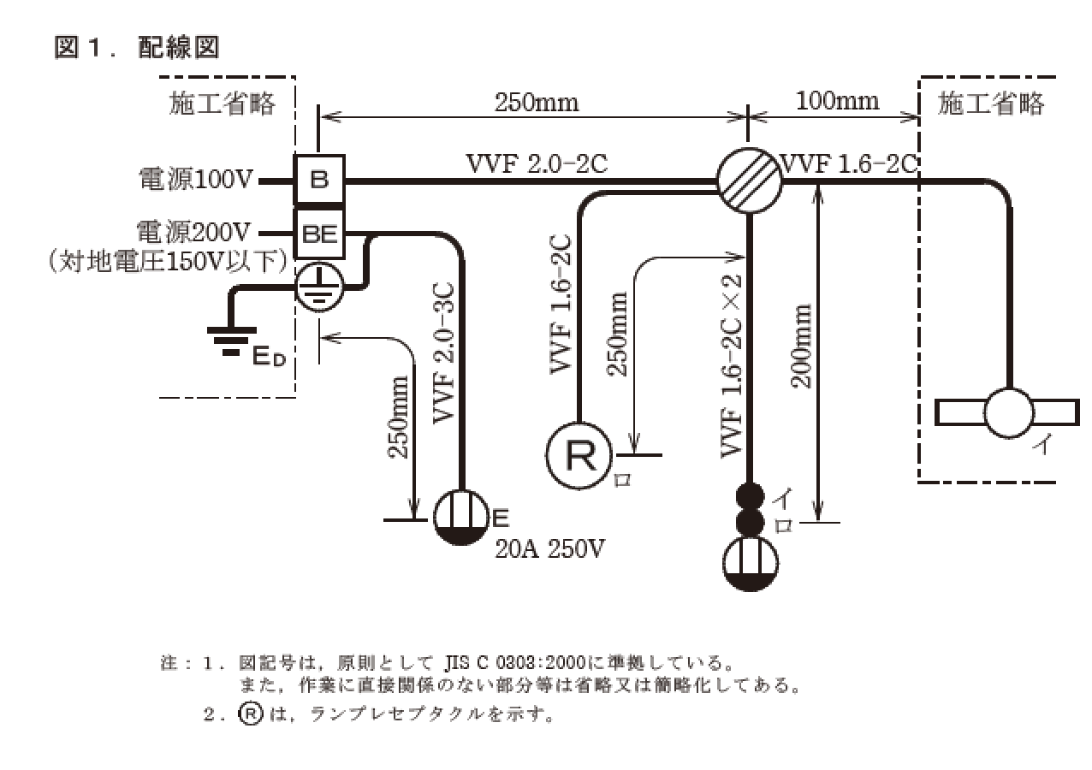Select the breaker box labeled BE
point(319,232)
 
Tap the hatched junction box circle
point(750,181)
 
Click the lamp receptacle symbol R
point(579,457)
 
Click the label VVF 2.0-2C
point(537,163)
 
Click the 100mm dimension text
point(837,101)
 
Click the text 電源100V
point(197,181)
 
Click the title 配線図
point(178,48)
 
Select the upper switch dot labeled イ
point(750,496)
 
